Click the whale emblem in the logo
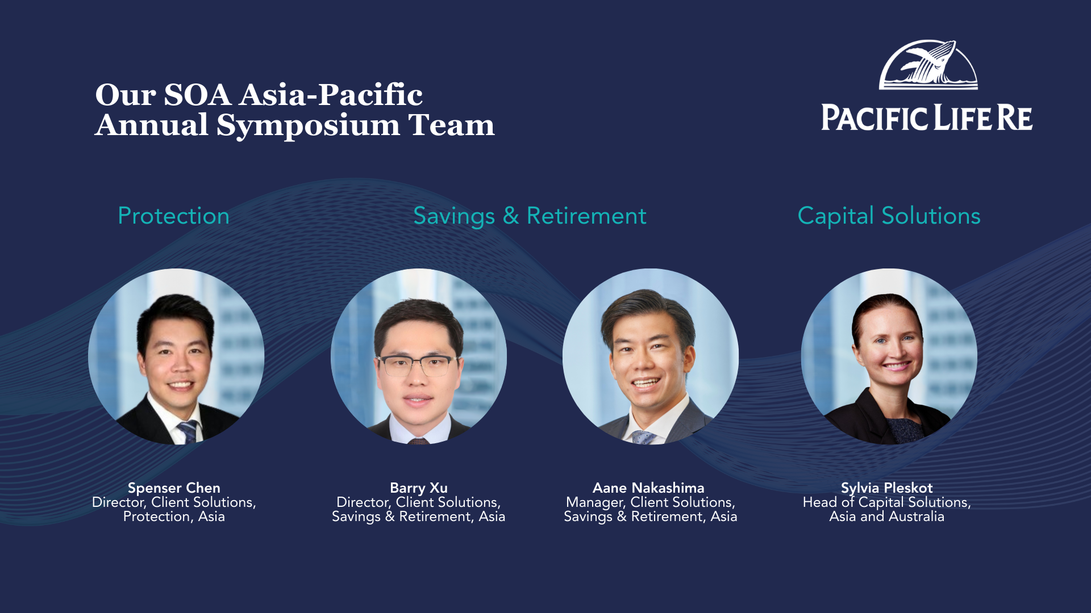tap(928, 65)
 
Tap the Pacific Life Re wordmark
tap(927, 117)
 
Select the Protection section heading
tap(173, 216)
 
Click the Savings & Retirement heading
tap(530, 216)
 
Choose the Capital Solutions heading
tap(889, 216)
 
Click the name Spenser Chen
tap(174, 488)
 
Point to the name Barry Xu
tap(419, 488)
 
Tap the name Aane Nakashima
tap(648, 488)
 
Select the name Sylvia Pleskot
tap(886, 488)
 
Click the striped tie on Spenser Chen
tap(188, 432)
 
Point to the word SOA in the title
tap(197, 94)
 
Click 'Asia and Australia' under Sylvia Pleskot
tap(886, 517)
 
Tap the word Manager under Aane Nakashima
tap(596, 502)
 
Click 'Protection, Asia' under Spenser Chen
tap(174, 517)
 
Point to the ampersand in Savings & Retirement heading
tap(511, 216)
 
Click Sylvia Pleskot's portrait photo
tap(889, 356)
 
